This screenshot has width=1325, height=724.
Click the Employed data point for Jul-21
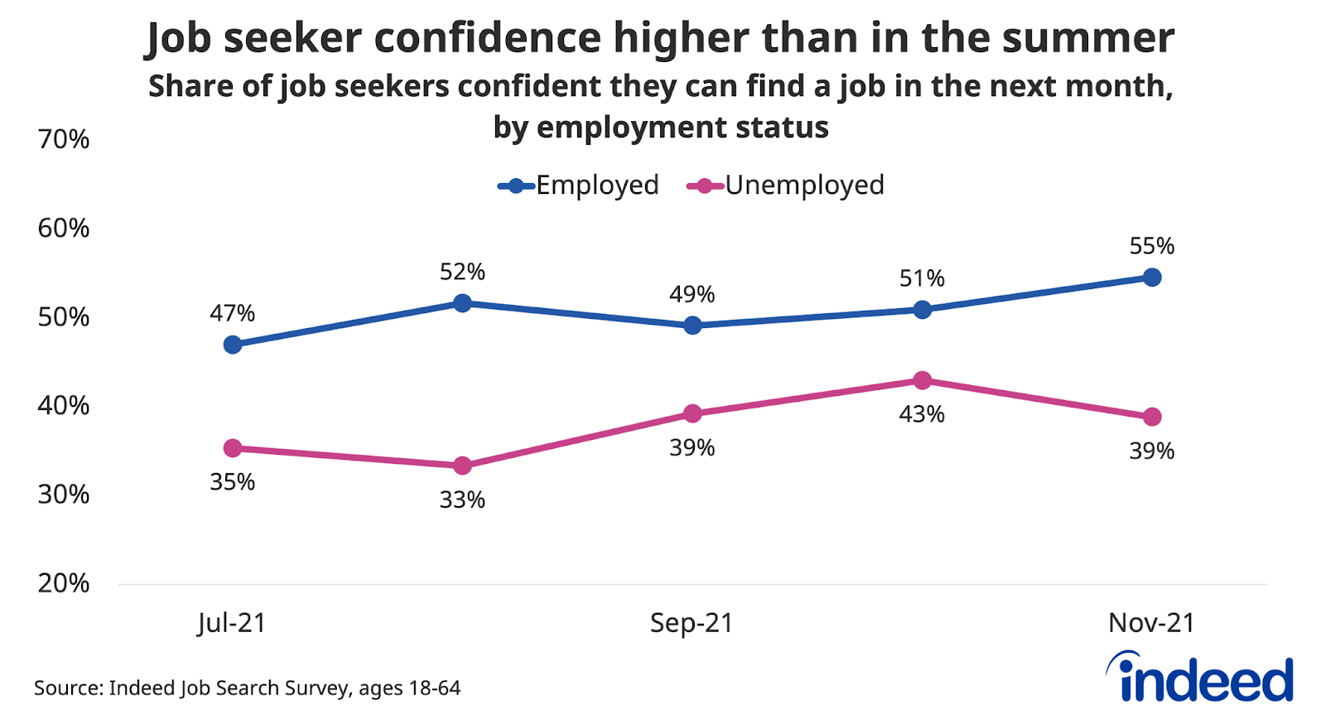[x=233, y=345]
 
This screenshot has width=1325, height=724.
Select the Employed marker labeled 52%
[x=463, y=303]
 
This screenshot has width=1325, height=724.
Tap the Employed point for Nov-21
[x=1152, y=278]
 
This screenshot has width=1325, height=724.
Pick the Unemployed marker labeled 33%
[x=463, y=466]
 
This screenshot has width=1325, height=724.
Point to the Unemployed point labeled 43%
[x=923, y=381]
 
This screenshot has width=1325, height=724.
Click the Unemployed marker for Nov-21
[x=1152, y=417]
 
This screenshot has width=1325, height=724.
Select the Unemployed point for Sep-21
[x=693, y=414]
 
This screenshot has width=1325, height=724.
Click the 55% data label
[x=1152, y=246]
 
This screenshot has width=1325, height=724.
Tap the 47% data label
[x=233, y=313]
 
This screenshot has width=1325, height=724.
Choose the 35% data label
[x=233, y=482]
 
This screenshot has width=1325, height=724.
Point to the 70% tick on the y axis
[x=64, y=139]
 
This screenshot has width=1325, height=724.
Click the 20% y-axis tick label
[x=64, y=583]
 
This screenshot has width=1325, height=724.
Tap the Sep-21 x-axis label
[x=691, y=623]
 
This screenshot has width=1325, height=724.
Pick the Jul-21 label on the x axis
[x=232, y=623]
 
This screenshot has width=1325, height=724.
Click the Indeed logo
[x=1200, y=678]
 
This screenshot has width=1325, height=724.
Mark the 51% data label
[x=923, y=278]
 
